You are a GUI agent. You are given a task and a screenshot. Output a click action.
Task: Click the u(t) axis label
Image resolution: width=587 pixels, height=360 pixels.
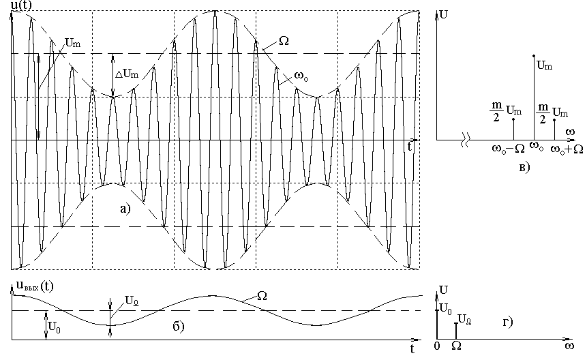(21, 5)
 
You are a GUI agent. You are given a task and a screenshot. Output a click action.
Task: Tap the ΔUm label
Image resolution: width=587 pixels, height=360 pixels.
(127, 74)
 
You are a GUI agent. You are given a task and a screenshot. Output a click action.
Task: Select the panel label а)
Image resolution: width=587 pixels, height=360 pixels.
(125, 209)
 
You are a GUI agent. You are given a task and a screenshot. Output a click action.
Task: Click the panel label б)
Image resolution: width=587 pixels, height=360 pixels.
(179, 327)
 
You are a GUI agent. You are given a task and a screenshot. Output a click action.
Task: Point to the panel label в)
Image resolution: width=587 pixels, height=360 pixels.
(524, 167)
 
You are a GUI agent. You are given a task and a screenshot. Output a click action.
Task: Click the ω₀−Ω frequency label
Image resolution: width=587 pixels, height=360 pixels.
(509, 149)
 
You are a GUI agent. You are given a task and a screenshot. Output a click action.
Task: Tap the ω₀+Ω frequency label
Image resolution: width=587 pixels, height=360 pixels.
(567, 150)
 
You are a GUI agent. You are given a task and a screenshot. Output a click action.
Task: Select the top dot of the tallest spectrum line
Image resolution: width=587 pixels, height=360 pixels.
(533, 56)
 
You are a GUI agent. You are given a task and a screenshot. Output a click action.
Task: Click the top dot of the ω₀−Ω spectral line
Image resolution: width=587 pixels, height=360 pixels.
(513, 119)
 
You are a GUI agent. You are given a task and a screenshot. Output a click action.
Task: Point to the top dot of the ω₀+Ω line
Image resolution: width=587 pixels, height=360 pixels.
(554, 120)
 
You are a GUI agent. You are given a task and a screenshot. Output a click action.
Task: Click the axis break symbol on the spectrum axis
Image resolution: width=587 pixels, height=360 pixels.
(464, 140)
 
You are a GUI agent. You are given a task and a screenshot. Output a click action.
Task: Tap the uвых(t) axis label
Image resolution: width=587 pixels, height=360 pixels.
(35, 286)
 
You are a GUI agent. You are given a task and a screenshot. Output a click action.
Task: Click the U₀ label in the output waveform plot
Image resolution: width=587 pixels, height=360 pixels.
(55, 327)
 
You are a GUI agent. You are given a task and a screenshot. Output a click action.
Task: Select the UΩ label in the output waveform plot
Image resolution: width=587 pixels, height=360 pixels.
(132, 301)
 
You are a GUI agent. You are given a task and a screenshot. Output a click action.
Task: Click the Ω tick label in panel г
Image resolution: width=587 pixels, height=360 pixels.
(456, 346)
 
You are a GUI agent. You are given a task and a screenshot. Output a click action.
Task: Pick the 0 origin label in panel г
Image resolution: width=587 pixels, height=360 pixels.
(437, 346)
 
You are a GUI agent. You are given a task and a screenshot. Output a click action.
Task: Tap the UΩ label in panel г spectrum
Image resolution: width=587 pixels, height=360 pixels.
(464, 320)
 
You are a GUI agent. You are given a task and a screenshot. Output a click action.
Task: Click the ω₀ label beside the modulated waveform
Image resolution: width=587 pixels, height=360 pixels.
(302, 76)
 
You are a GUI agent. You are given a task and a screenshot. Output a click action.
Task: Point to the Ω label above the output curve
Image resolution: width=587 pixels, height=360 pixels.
(262, 296)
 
